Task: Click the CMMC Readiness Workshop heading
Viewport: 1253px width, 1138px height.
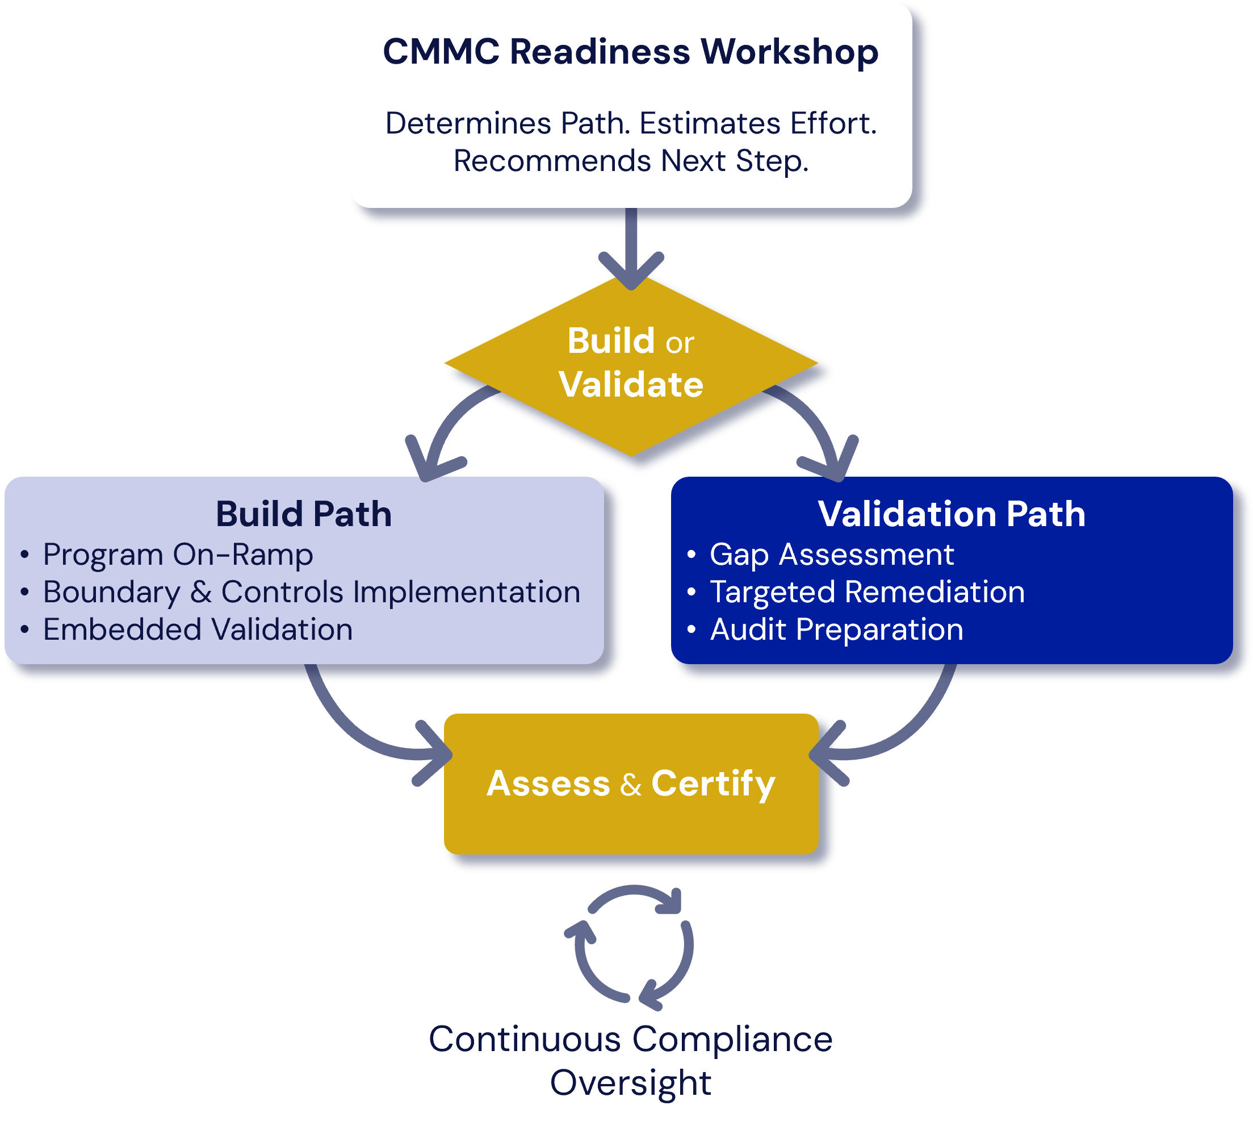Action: tap(630, 52)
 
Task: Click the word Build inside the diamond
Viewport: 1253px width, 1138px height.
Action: tap(611, 341)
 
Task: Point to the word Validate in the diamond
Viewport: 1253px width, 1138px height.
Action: tap(631, 384)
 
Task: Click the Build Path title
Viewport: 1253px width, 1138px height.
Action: tap(304, 514)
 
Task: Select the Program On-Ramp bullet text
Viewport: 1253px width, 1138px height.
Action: tap(178, 555)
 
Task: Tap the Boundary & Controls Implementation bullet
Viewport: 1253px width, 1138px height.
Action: tap(311, 592)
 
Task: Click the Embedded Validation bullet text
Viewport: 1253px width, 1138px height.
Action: tap(198, 630)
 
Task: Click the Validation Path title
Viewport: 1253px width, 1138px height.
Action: tap(952, 514)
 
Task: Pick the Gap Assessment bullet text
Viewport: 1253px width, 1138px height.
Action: tap(832, 555)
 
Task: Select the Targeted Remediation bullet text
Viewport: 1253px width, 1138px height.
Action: tap(867, 592)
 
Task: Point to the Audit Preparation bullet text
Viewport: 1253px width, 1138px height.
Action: tap(837, 630)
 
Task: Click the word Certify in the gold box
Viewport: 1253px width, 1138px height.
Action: tap(713, 783)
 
